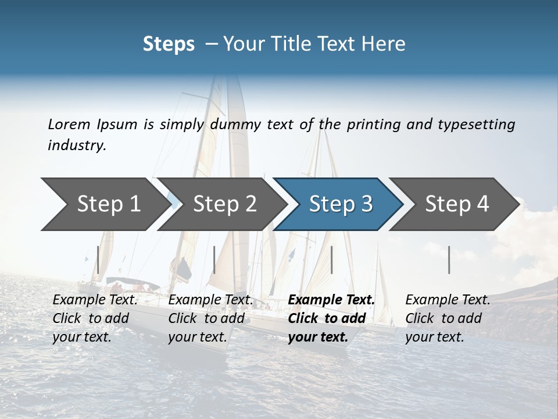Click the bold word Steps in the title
point(169,44)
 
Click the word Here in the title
point(384,44)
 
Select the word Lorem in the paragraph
point(69,124)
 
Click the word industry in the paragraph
point(76,145)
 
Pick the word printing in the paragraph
point(373,124)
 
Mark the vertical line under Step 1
point(98,260)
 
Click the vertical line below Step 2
point(214,260)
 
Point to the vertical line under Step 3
point(331,260)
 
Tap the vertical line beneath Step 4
point(449,260)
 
